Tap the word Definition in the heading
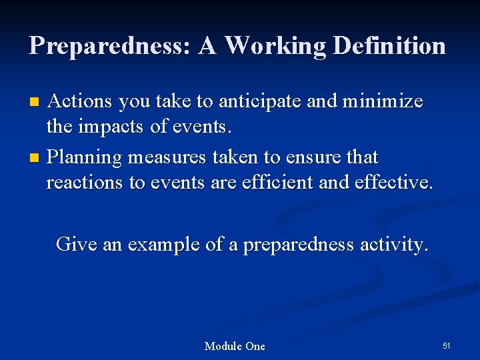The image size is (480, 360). click(389, 46)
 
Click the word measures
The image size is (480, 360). click(167, 157)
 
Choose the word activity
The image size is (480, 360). click(393, 245)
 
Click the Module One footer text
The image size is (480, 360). click(235, 346)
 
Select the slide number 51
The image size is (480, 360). click(446, 345)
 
